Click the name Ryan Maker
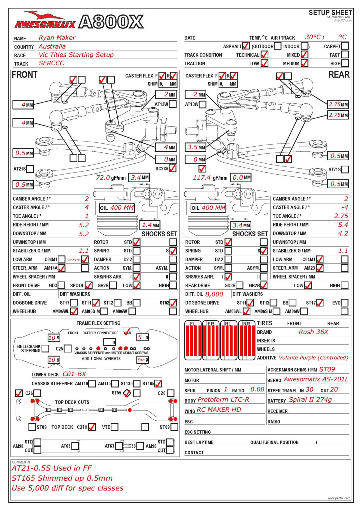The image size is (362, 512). coord(57,38)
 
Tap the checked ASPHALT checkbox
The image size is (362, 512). coord(246,46)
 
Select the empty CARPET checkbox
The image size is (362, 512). coord(345,46)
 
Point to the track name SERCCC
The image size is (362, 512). coord(51,63)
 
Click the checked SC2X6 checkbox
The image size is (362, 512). coord(172,168)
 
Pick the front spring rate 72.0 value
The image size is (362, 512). coord(103,178)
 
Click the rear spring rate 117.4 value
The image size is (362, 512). coord(202,178)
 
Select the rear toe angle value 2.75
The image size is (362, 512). coord(341,216)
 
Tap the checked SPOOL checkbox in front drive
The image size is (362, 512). coord(88,285)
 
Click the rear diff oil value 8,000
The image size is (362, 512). coord(214,294)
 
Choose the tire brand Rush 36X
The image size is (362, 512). coord(313,332)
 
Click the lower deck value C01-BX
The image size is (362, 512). coord(74,374)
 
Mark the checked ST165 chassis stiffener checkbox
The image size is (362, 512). coord(158,383)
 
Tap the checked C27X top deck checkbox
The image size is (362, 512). coord(92,427)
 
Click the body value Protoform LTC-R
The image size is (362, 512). coord(223,399)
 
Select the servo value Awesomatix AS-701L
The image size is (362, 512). coord(316,379)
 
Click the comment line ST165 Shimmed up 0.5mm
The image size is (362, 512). coord(62,478)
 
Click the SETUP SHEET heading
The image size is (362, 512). coord(330,12)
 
